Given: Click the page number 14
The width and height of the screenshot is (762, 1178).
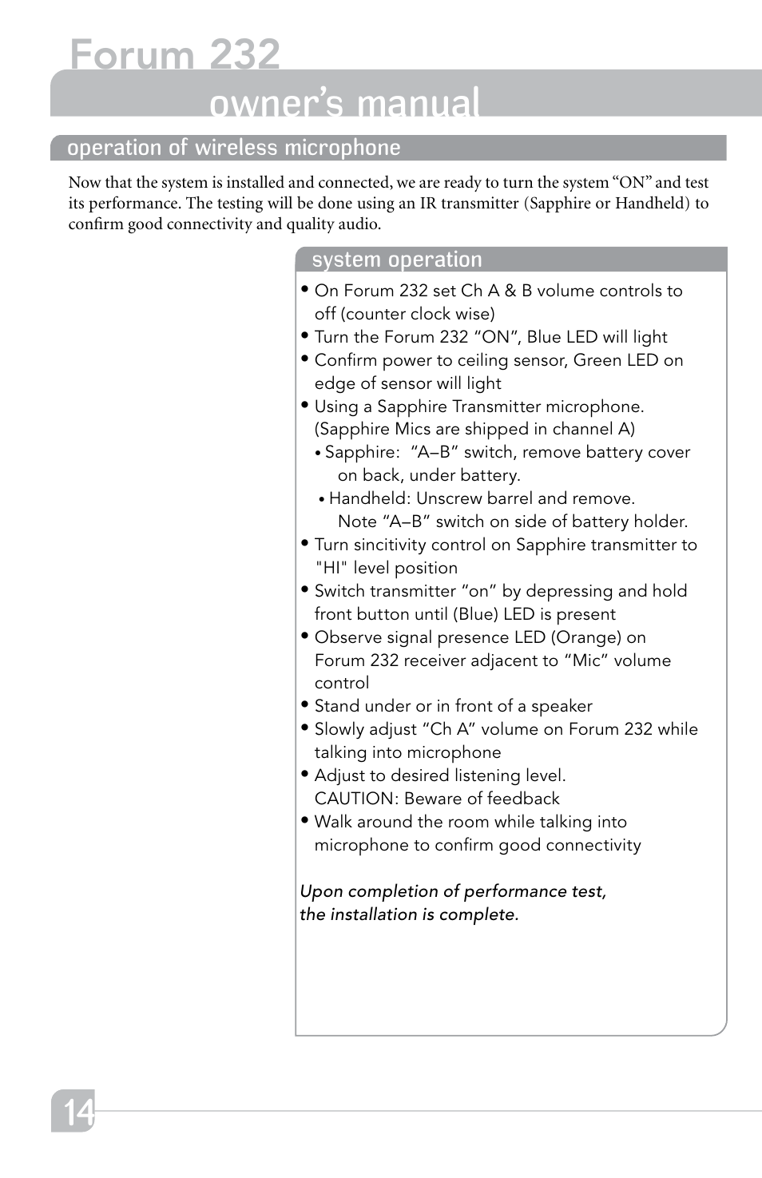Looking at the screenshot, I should click(77, 1112).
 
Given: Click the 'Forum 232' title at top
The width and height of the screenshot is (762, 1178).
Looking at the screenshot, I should click(175, 55).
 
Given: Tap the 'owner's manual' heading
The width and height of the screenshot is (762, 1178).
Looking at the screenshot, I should click(344, 103).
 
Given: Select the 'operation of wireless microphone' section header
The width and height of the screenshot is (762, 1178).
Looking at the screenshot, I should click(233, 148).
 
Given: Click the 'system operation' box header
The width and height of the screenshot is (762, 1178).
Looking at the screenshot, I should click(397, 260).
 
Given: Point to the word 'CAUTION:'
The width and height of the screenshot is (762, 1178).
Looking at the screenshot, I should click(356, 799).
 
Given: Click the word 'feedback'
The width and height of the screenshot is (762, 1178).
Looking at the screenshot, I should click(523, 799).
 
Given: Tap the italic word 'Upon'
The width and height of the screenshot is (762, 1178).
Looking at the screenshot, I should click(321, 891).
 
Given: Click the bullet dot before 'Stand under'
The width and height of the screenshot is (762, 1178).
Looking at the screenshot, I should click(304, 704).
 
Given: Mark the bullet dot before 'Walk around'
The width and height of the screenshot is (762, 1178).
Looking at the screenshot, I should click(304, 820).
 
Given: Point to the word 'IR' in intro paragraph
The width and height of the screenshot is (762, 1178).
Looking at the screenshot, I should click(428, 203).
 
